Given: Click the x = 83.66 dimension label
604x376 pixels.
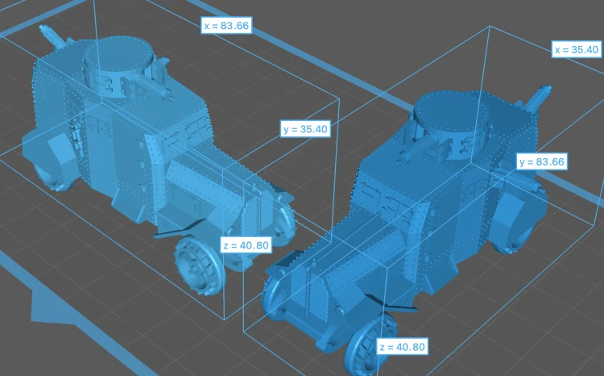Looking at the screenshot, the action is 226,26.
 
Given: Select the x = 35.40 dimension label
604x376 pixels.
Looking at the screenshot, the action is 577,49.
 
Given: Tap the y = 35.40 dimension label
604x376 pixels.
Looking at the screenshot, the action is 305,128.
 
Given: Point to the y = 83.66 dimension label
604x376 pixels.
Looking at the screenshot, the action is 542,161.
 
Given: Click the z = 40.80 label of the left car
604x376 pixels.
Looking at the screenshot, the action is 246,245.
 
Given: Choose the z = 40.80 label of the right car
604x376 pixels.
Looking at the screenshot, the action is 402,347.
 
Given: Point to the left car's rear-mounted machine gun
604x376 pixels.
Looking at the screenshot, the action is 53,36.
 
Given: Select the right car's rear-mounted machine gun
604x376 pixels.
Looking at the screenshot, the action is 536,98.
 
